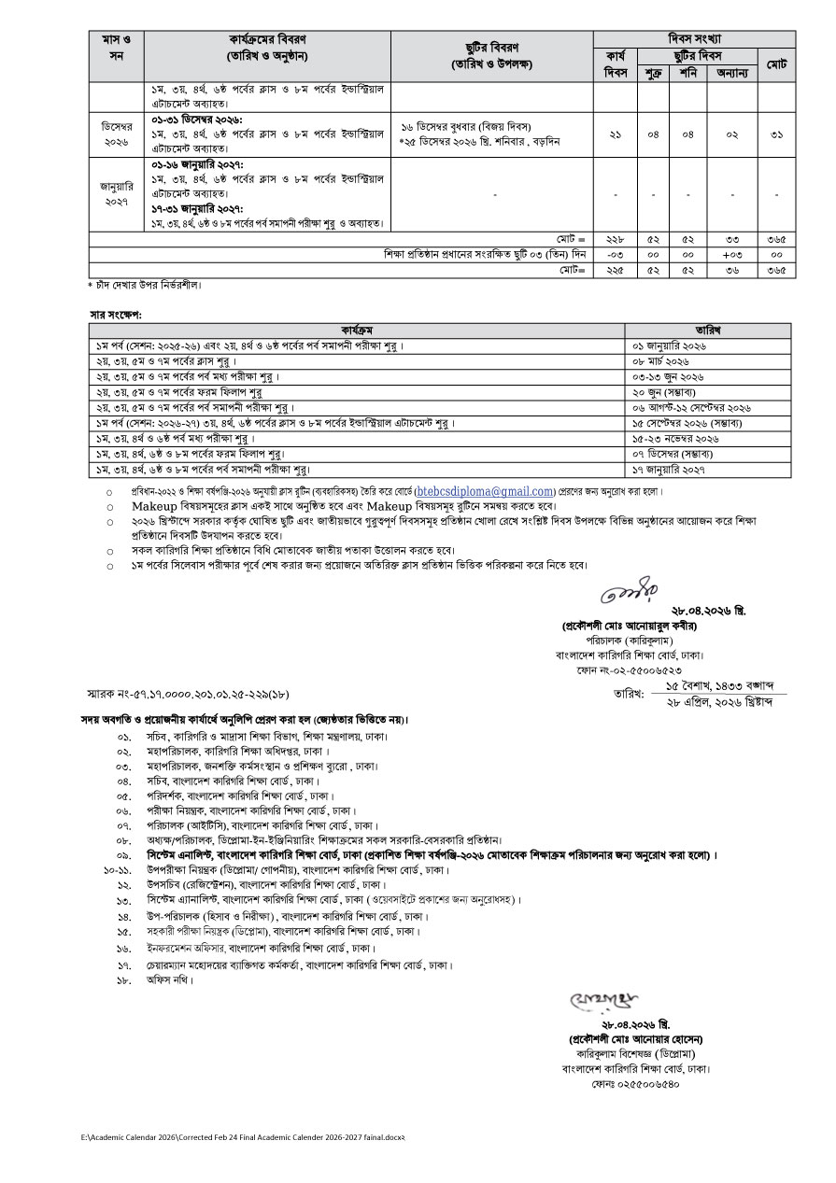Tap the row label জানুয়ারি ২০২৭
(116, 192)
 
